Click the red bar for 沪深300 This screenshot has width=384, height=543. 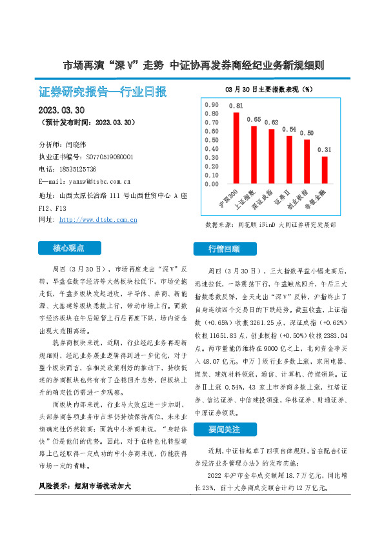point(236,148)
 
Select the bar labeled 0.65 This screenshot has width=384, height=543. point(254,155)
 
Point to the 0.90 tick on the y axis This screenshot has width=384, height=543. point(211,104)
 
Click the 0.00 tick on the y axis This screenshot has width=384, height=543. point(211,184)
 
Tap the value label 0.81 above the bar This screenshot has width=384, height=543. point(236,106)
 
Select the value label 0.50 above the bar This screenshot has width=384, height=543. point(307,133)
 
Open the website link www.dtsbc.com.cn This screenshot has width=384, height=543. point(98,220)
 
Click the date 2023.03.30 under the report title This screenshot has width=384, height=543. point(66,110)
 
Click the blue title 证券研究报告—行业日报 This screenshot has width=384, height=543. point(103,91)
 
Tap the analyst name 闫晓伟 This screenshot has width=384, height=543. point(78,144)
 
